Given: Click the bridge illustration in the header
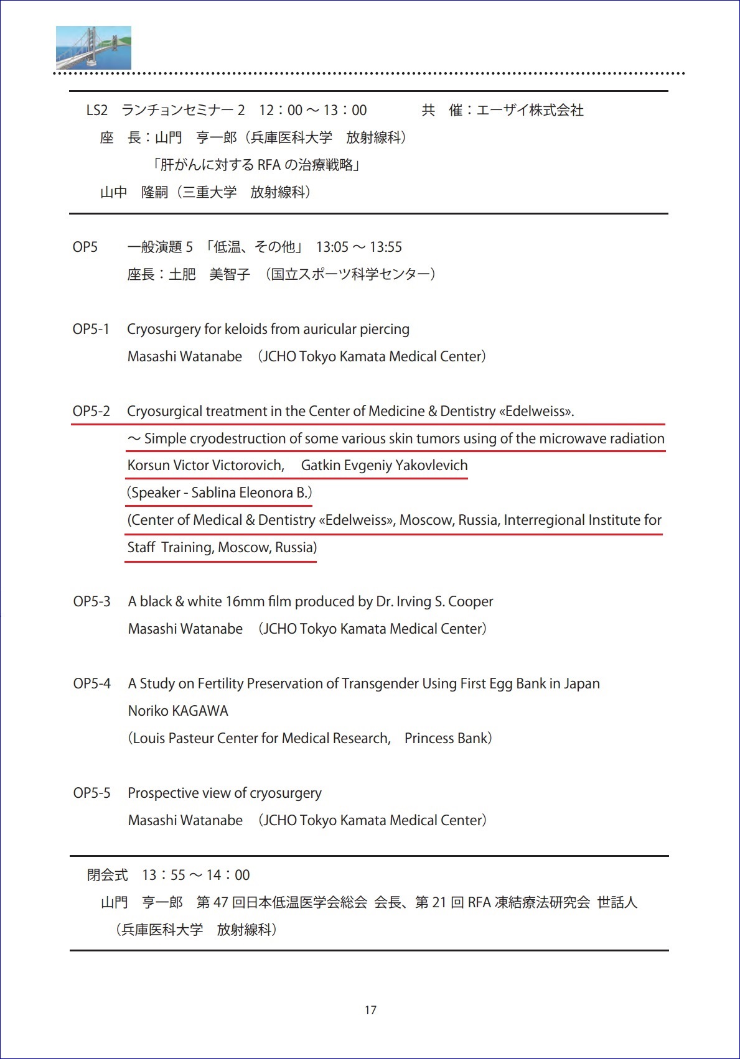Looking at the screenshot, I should click(93, 48).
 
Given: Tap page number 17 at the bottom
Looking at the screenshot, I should click(370, 1010).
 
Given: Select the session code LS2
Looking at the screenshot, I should click(96, 111).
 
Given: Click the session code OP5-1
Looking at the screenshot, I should click(91, 330).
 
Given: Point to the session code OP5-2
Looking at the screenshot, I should click(91, 412).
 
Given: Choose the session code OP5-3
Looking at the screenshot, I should click(91, 602).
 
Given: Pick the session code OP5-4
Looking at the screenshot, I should click(91, 684).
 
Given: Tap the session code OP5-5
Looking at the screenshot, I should click(91, 793).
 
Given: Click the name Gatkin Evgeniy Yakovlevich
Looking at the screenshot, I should click(384, 466).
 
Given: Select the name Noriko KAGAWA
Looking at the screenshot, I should click(178, 711).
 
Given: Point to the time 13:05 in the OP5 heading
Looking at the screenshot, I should click(332, 247).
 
